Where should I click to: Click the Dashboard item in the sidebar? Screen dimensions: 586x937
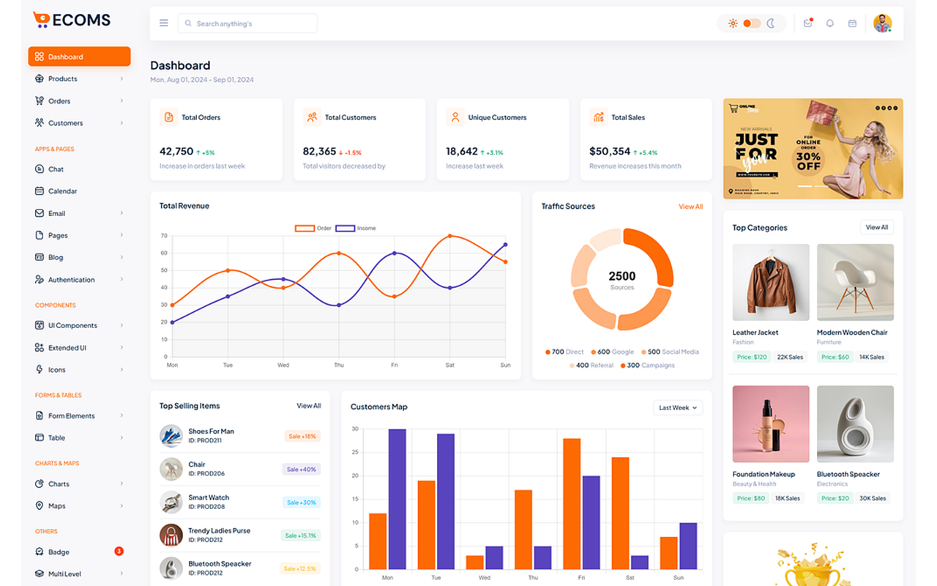[x=79, y=56]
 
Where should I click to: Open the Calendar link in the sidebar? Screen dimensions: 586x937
[x=62, y=191]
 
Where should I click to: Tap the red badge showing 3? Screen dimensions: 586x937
[x=119, y=551]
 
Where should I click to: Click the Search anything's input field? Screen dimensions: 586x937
[x=247, y=23]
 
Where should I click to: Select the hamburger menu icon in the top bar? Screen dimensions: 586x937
[x=164, y=23]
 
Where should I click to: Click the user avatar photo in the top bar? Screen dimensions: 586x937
[x=882, y=23]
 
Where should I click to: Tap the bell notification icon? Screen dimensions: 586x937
[x=829, y=23]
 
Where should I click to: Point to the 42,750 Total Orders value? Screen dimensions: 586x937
[x=176, y=152]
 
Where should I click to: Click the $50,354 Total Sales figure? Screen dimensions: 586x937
[x=609, y=152]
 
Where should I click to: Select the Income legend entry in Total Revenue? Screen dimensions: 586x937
[x=356, y=229]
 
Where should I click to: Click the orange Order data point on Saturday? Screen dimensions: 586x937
[x=449, y=236]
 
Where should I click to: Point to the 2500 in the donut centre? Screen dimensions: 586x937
[x=621, y=276]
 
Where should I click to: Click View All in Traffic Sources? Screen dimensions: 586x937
[x=690, y=207]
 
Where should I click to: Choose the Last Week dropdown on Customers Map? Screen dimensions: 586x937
[x=678, y=407]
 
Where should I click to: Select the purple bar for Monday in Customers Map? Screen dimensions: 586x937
[x=397, y=499]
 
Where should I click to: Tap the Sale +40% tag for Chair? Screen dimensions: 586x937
[x=301, y=470]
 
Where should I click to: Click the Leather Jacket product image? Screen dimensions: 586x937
[x=771, y=282]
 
